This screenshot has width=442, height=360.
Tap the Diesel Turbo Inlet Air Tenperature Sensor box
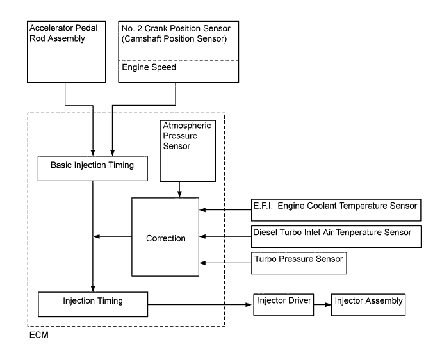pos(335,235)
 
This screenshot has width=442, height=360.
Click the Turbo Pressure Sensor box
pos(298,261)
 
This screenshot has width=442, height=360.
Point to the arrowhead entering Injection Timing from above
pos(94,288)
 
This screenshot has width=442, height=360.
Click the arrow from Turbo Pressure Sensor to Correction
pos(224,261)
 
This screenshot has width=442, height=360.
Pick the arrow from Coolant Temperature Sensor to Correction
pos(224,209)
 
